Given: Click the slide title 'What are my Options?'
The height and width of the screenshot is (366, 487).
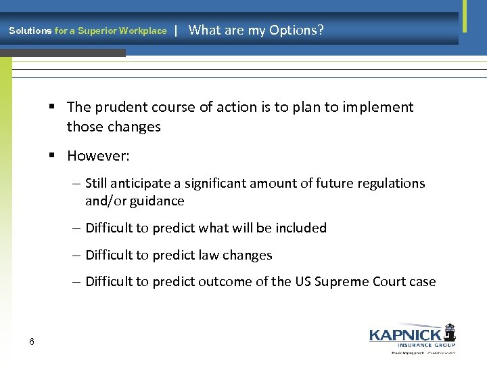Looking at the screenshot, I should click(x=256, y=30).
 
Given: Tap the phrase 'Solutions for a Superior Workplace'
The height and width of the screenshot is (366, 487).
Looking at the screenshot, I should click(x=87, y=30).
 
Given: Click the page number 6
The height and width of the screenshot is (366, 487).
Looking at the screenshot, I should click(x=32, y=341).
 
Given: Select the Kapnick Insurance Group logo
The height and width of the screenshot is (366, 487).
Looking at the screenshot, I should click(x=412, y=337).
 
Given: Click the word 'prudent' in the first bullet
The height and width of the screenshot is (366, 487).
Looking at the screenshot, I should click(x=115, y=107).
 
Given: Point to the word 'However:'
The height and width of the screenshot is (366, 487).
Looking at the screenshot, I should click(x=98, y=156).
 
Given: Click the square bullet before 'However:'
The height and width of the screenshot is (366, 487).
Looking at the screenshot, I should click(x=52, y=156).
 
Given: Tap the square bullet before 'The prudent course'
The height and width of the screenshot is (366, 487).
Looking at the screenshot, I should click(x=52, y=107).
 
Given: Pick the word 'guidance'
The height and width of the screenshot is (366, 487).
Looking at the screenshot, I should click(x=158, y=201).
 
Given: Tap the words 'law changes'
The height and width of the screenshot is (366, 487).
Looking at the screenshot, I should click(x=246, y=255).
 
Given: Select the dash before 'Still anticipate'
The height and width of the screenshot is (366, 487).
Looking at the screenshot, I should click(x=78, y=184).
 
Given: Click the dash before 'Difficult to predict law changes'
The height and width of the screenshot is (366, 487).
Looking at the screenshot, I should click(x=78, y=256).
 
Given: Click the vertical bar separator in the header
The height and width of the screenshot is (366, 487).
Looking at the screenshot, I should click(x=176, y=30).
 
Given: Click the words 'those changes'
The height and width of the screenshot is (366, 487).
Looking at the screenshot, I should click(x=114, y=127).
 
